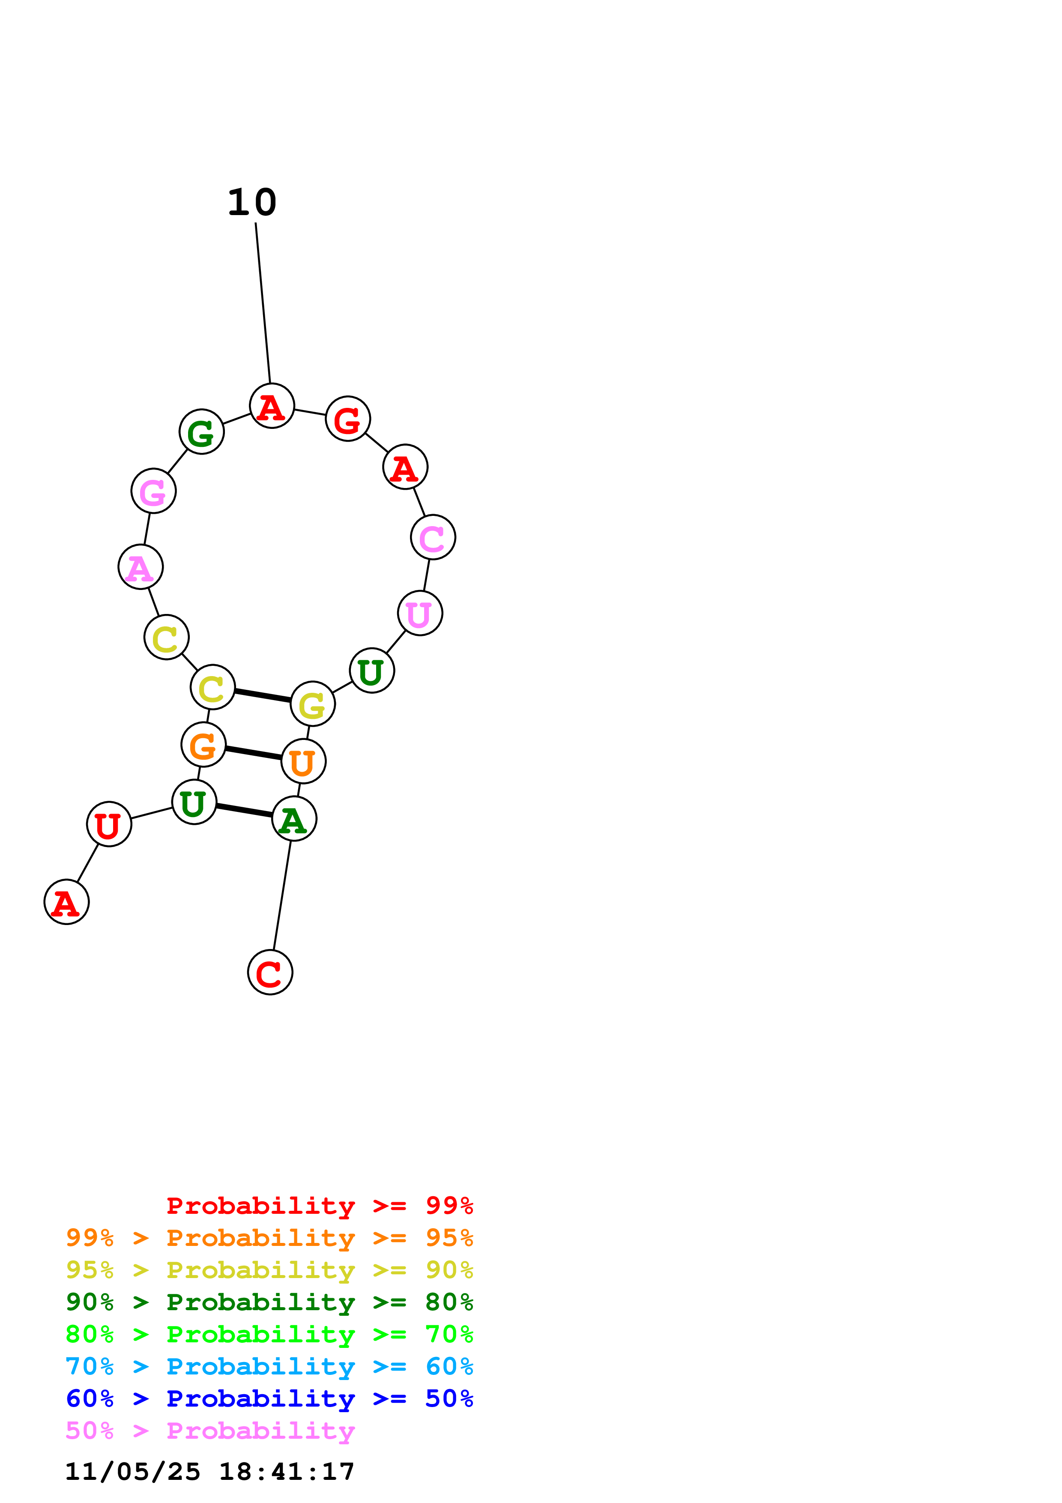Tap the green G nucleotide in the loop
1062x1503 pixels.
pyautogui.click(x=201, y=432)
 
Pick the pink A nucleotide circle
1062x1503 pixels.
pyautogui.click(x=141, y=567)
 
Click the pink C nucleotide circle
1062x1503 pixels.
pyautogui.click(x=433, y=537)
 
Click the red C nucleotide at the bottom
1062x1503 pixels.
pyautogui.click(x=270, y=973)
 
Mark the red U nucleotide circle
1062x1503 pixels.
pyautogui.click(x=109, y=824)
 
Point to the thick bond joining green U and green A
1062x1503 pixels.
pyautogui.click(x=244, y=811)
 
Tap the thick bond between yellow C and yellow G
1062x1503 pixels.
pyautogui.click(x=262, y=696)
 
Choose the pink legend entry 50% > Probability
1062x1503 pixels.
pyautogui.click(x=210, y=1431)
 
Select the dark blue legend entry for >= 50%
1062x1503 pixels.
pyautogui.click(x=269, y=1399)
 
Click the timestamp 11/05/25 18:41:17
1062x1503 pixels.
pyautogui.click(x=210, y=1472)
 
